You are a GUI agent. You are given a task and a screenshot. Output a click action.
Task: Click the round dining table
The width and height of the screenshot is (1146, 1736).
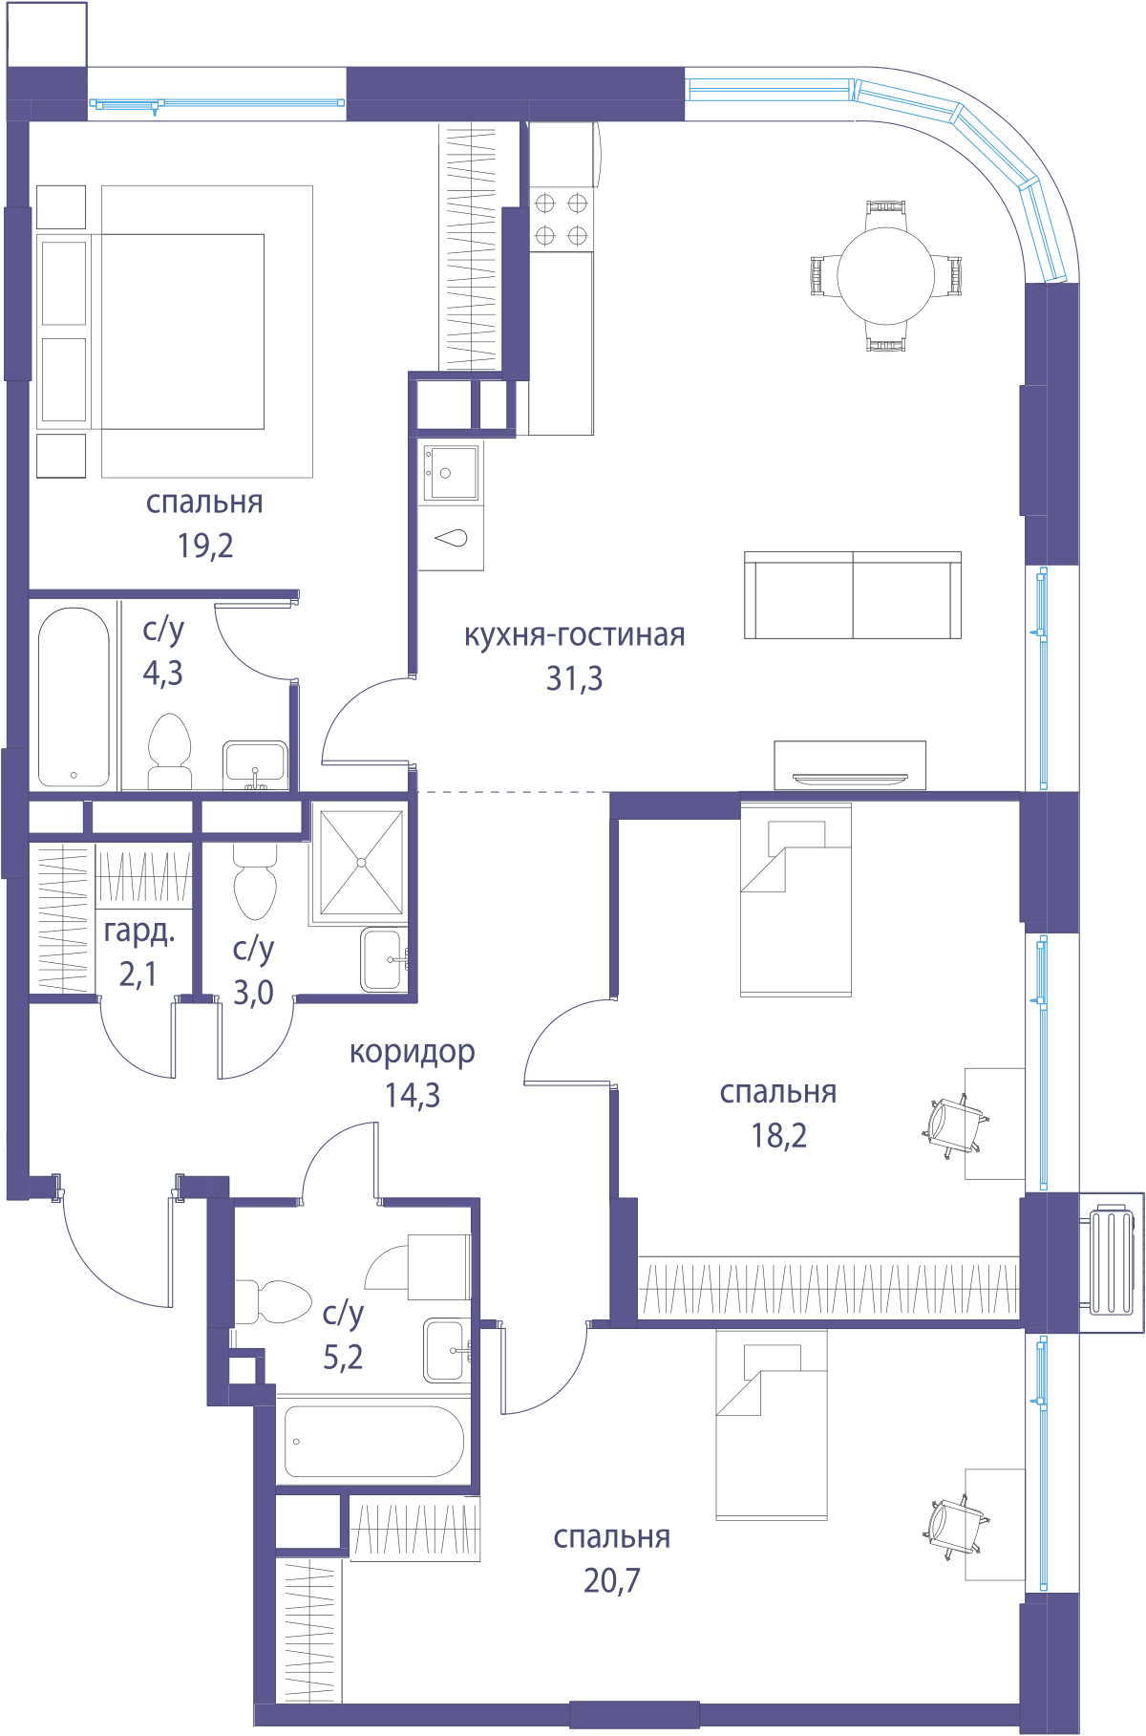(x=885, y=276)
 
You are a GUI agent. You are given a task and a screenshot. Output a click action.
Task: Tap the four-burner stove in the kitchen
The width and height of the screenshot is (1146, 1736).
(x=561, y=219)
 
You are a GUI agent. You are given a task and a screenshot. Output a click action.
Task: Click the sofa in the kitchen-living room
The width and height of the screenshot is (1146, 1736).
(x=853, y=594)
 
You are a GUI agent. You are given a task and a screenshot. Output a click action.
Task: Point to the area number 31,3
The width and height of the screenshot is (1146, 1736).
(x=574, y=678)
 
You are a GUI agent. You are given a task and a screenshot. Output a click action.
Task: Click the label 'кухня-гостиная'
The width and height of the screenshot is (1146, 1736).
(x=574, y=635)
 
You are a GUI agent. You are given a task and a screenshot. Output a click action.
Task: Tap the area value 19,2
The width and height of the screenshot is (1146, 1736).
(x=205, y=546)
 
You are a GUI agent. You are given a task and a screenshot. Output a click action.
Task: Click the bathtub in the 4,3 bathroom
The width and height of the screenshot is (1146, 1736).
(x=74, y=697)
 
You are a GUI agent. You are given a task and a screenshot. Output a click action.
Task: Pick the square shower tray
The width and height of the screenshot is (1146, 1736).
(x=362, y=863)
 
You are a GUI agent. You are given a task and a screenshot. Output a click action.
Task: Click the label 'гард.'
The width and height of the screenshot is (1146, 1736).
(x=139, y=932)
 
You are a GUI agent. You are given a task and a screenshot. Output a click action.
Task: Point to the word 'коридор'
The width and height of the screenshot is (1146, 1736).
(x=412, y=1052)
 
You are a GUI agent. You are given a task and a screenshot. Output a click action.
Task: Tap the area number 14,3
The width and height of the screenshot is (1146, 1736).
(x=413, y=1095)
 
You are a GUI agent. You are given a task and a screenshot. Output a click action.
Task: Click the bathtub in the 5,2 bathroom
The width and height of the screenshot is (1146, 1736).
(x=374, y=1441)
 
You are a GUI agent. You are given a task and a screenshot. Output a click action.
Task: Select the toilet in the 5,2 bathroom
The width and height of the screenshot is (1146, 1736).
(x=272, y=1301)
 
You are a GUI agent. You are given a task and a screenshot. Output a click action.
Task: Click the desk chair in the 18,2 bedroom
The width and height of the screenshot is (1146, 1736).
(x=954, y=1126)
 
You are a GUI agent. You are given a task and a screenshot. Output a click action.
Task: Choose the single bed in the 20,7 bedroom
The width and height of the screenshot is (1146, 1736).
(x=772, y=1425)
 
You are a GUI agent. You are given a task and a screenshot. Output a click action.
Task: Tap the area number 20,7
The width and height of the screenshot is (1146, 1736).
(x=612, y=1580)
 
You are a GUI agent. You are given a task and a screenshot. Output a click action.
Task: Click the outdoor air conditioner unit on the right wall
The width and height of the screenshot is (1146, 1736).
(x=1112, y=1261)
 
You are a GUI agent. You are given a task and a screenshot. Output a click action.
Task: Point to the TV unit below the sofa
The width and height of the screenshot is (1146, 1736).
(x=850, y=765)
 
